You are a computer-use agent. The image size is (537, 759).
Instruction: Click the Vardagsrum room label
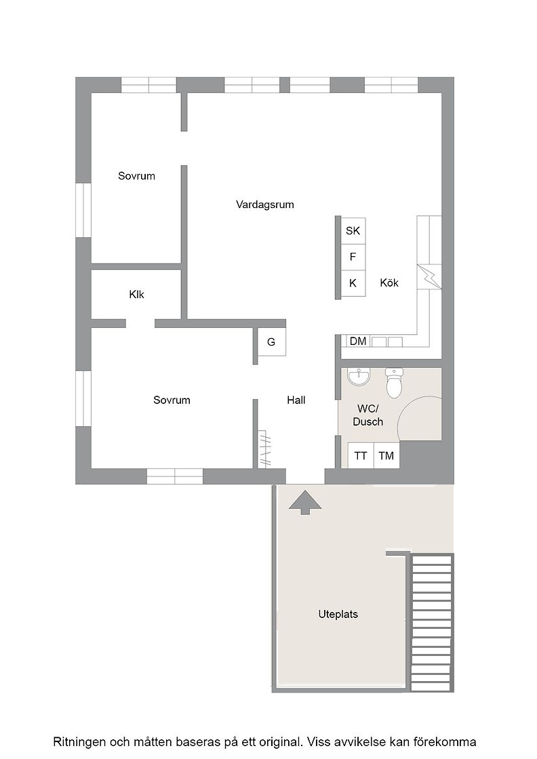tap(265, 205)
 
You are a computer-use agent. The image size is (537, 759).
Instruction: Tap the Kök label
tap(389, 283)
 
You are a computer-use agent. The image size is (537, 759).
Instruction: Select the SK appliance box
tap(353, 231)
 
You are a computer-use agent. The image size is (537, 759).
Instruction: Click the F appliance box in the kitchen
tap(353, 257)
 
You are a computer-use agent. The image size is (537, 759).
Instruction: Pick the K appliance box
tap(353, 283)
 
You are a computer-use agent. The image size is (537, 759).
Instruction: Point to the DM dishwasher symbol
tap(358, 342)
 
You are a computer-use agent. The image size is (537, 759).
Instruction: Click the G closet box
tap(271, 342)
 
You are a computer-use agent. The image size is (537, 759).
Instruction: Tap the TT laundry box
tap(361, 455)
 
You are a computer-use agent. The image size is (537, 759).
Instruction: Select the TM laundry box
tap(386, 455)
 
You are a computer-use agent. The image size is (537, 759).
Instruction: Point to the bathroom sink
tap(359, 376)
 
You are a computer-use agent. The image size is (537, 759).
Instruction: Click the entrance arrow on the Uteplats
tap(305, 502)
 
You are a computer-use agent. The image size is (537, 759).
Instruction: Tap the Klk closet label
tap(136, 294)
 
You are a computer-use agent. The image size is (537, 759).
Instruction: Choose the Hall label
tap(296, 401)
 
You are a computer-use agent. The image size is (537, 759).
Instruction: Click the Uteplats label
tap(338, 615)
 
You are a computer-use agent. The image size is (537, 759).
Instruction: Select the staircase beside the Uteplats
tap(432, 623)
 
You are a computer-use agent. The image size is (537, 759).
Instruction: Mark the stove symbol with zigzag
tap(429, 277)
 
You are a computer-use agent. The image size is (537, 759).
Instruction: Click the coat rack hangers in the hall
tap(264, 449)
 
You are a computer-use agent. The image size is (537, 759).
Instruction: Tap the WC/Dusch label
tap(368, 415)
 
